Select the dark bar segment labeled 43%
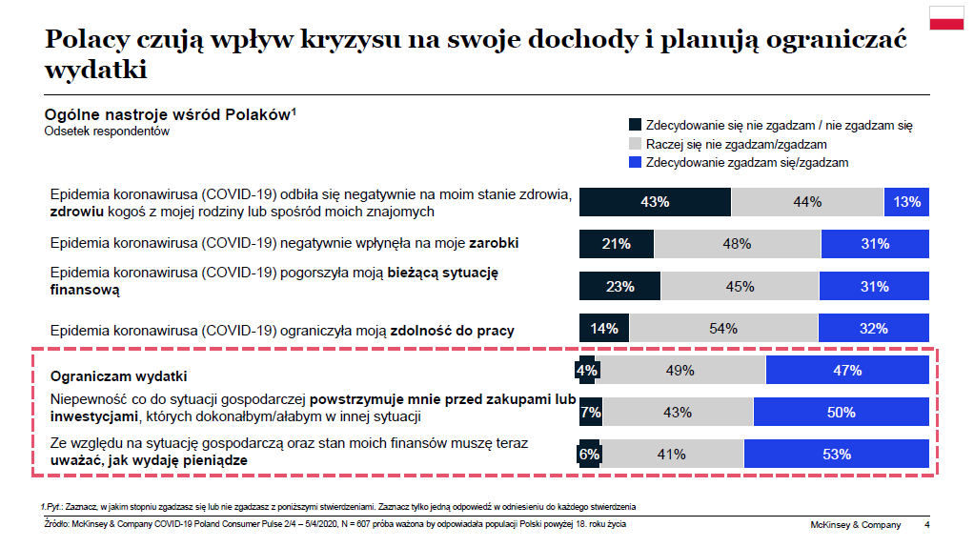pos(656,202)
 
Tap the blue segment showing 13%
pos(906,202)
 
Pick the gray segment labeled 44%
pos(807,202)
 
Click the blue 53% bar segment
pos(836,455)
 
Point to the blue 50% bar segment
pos(841,413)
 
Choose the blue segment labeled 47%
pos(847,371)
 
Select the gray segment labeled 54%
pos(723,329)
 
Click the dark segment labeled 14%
pos(603,329)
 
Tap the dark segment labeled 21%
pos(617,244)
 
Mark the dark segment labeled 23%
pos(619,286)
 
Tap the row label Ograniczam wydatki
pos(118,375)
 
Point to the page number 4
pos(927,525)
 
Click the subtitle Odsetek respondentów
pos(107,132)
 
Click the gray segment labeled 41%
pos(672,455)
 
